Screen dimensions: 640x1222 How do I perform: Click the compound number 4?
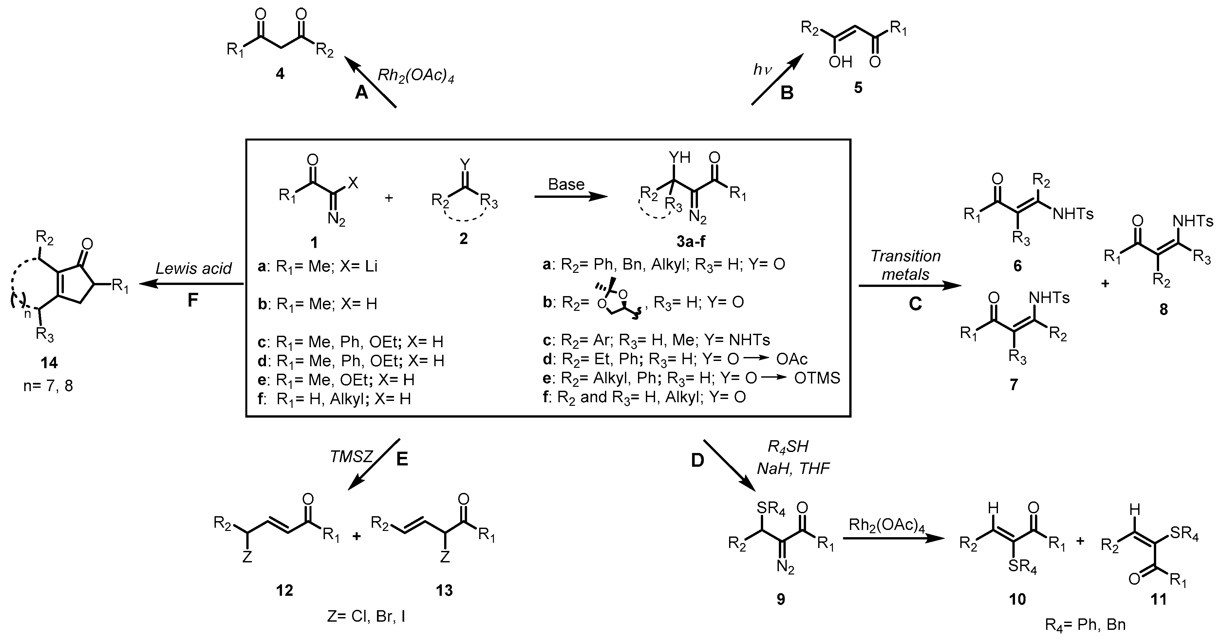[280, 74]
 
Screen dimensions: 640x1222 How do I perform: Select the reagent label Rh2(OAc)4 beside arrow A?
[416, 76]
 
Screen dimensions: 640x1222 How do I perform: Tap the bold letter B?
[787, 93]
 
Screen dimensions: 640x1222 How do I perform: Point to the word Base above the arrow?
[566, 184]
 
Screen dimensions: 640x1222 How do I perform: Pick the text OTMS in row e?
[817, 378]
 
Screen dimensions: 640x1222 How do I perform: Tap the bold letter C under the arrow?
[915, 304]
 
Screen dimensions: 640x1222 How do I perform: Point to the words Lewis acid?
[194, 269]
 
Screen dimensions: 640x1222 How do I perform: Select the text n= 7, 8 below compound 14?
[48, 386]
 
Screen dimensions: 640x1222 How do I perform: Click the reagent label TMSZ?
[351, 457]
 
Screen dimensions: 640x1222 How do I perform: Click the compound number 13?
[444, 591]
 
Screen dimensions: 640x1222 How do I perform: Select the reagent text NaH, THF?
[793, 469]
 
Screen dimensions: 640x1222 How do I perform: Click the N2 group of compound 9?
[785, 567]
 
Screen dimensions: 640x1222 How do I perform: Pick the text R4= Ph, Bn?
[1085, 624]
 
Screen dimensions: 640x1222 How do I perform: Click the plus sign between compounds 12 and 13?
[356, 536]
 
